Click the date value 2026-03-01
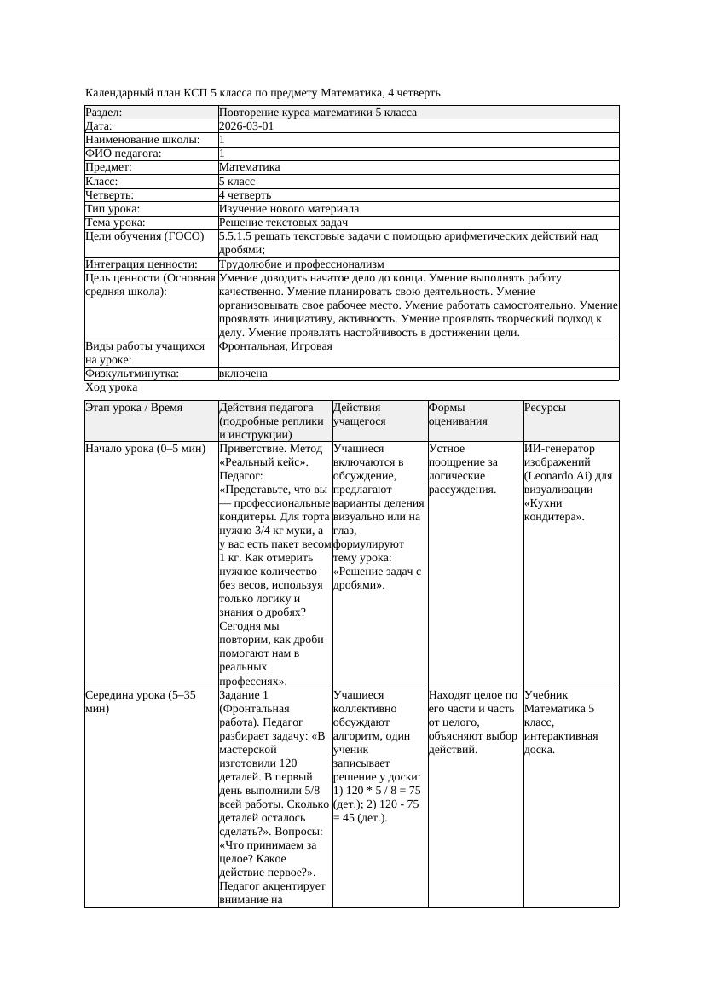pyautogui.click(x=246, y=125)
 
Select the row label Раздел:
pyautogui.click(x=104, y=112)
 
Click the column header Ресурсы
pyautogui.click(x=546, y=408)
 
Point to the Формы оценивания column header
pyautogui.click(x=458, y=415)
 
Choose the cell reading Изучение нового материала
pyautogui.click(x=289, y=208)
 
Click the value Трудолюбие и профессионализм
pyautogui.click(x=301, y=264)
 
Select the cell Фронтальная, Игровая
pyautogui.click(x=275, y=346)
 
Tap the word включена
pyautogui.click(x=243, y=374)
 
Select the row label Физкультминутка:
pyautogui.click(x=131, y=374)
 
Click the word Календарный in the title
pyautogui.click(x=116, y=92)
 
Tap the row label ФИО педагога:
pyautogui.click(x=124, y=154)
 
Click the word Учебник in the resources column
pyautogui.click(x=546, y=695)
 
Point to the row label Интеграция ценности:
pyautogui.click(x=142, y=264)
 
